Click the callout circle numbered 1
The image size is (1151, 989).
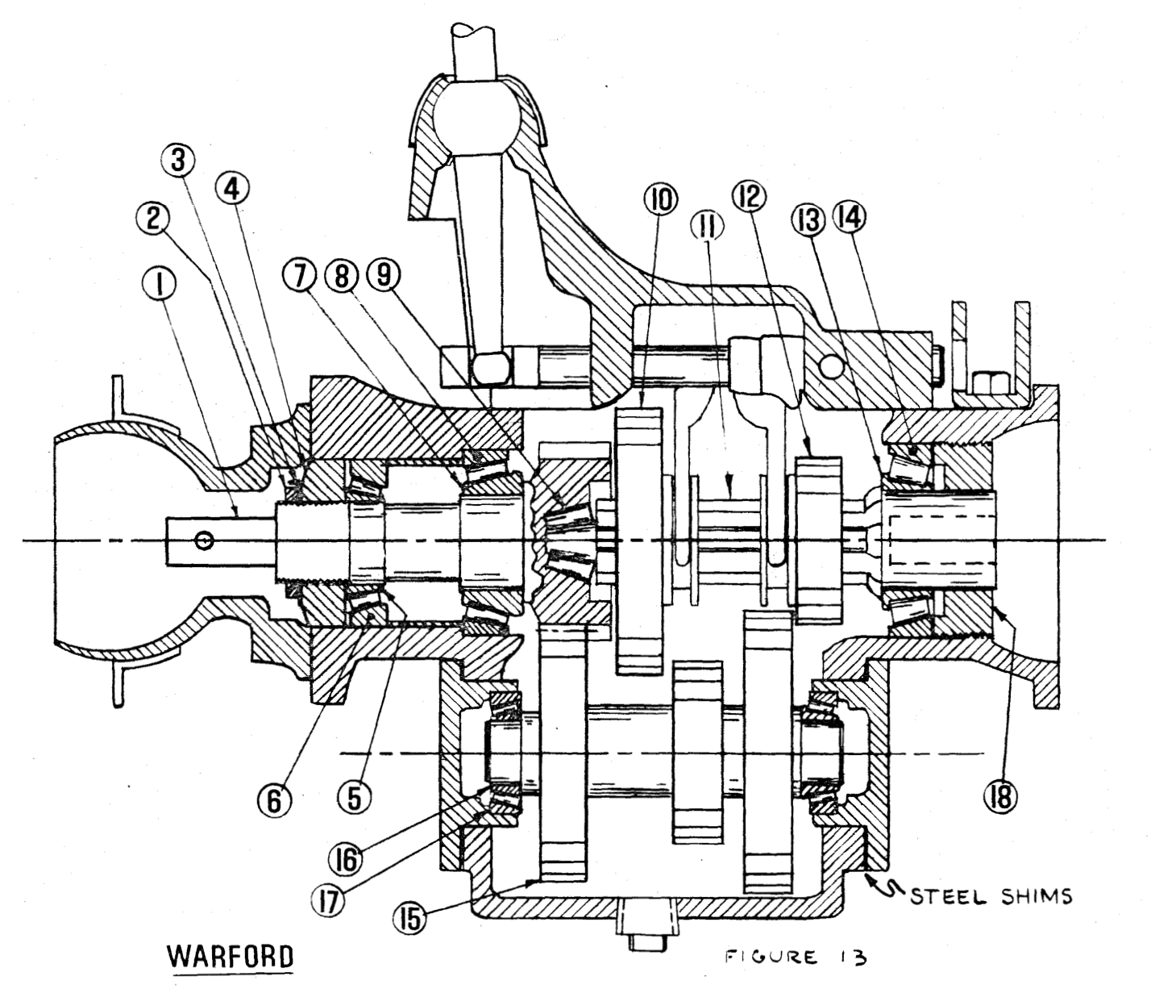point(160,284)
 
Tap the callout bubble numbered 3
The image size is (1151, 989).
point(178,161)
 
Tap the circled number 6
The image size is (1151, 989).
point(275,799)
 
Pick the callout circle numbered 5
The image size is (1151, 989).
point(354,799)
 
